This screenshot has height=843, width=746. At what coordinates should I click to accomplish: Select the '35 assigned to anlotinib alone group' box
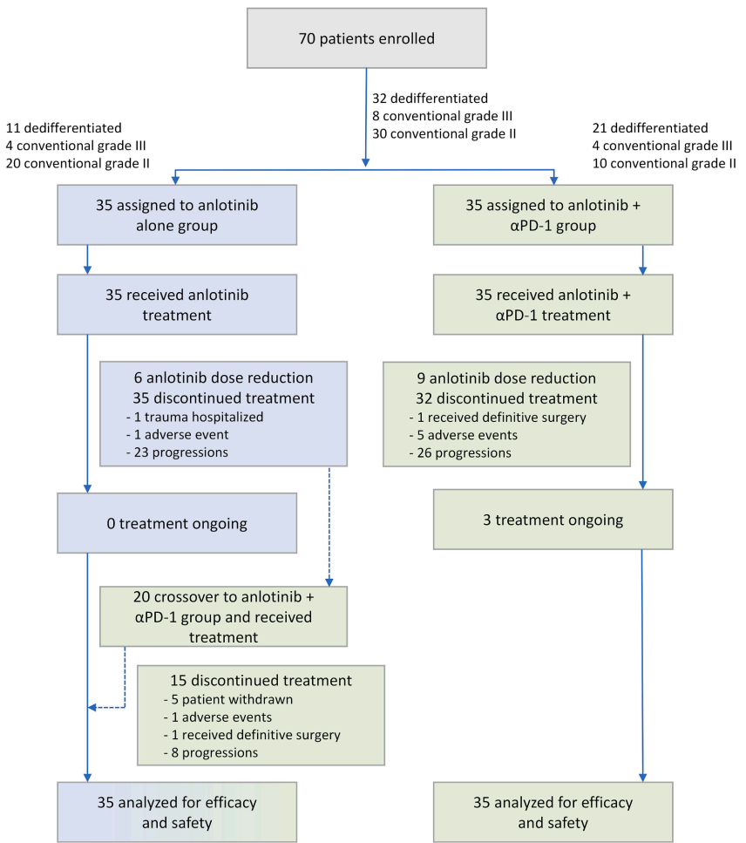coord(177,214)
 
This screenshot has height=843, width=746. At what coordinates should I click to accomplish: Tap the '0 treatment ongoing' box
coord(177,523)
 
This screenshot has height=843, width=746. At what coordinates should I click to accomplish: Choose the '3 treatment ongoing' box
coord(553,520)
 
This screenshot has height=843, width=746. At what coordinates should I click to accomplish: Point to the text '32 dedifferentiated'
coord(430,99)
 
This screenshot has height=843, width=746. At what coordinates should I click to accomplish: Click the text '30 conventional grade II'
coord(444,133)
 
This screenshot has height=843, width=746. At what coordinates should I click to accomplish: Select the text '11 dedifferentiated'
coord(64,127)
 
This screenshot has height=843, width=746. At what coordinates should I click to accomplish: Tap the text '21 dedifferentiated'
coord(650,127)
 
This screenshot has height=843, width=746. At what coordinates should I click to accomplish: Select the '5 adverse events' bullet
coord(468,435)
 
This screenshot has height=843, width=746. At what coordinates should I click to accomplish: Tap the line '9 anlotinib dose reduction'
coord(505,378)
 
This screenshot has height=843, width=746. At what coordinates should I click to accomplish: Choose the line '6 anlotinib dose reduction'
coord(223,378)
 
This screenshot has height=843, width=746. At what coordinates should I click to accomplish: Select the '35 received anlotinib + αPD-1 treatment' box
coord(553,304)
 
